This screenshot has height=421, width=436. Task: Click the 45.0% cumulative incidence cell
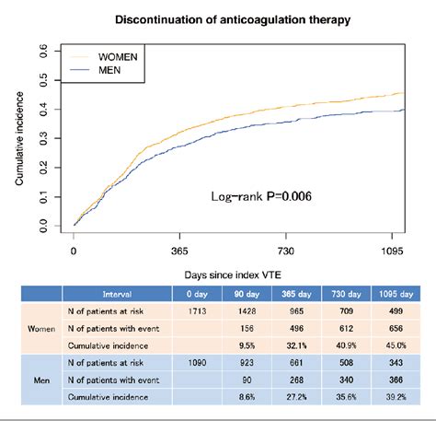coord(398,346)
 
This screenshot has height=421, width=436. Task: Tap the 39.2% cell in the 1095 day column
coord(398,396)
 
